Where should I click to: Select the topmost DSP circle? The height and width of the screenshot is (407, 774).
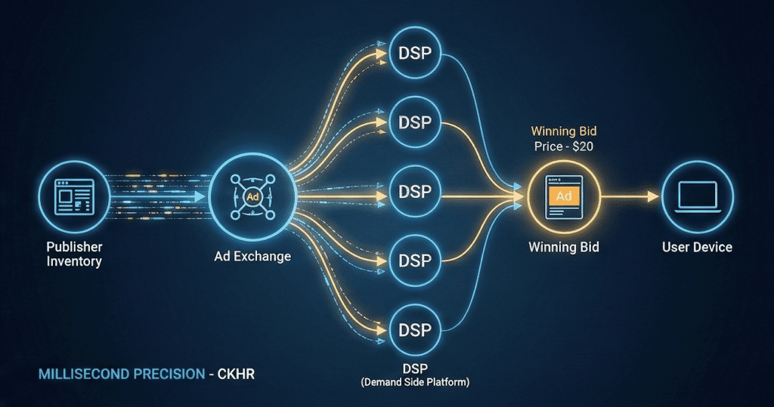point(415,54)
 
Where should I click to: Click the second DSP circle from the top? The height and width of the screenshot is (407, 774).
point(415,123)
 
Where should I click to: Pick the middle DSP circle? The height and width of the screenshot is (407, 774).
point(415,193)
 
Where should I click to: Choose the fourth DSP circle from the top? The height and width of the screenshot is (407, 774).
point(415,261)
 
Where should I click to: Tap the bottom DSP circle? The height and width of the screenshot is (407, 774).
point(415,330)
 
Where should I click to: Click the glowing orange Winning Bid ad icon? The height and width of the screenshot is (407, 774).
point(563,196)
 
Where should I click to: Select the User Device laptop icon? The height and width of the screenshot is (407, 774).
point(696,196)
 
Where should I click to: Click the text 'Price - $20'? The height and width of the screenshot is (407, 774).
point(564,147)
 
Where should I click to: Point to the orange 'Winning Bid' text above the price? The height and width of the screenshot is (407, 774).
point(564,132)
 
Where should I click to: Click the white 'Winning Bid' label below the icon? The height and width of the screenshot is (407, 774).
point(564,247)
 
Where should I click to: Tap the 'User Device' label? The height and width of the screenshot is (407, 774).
point(696,247)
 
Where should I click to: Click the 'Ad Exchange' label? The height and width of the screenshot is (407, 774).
point(252,257)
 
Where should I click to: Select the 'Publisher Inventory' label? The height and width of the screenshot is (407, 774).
point(74,254)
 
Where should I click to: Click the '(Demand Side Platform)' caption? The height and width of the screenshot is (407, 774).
point(416,383)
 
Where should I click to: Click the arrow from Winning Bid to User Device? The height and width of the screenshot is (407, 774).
point(631,196)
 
